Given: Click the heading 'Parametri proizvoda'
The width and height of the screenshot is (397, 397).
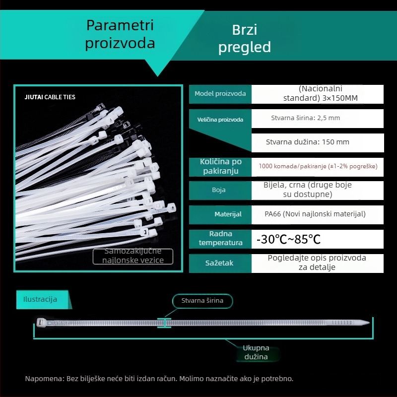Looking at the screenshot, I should click(x=120, y=34).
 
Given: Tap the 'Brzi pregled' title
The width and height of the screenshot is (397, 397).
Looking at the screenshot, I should click(x=245, y=38).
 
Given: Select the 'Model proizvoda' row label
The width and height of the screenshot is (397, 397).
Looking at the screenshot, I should click(x=220, y=94).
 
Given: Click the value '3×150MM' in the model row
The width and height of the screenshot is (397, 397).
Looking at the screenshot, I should click(x=321, y=98).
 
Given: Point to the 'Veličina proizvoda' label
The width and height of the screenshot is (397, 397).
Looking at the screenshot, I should click(x=220, y=120).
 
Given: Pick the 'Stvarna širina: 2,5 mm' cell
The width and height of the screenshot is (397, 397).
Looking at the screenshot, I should click(x=306, y=118).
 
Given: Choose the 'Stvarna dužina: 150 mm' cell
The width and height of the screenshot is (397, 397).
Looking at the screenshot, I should click(x=308, y=142).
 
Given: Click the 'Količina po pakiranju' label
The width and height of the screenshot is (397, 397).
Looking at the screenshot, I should click(x=220, y=166).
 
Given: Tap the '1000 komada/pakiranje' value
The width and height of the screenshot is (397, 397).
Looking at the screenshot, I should click(x=318, y=166).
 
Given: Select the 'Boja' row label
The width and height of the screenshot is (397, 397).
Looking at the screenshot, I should click(x=220, y=190).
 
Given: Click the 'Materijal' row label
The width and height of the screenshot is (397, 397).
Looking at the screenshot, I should click(x=228, y=214).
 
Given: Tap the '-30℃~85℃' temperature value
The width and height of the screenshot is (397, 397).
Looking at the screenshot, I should click(x=288, y=240).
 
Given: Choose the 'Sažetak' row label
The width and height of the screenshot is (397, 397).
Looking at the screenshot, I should click(x=219, y=263).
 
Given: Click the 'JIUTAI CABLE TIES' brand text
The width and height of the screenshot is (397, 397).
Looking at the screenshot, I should click(x=50, y=97).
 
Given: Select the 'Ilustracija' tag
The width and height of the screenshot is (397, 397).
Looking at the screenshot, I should click(x=40, y=299).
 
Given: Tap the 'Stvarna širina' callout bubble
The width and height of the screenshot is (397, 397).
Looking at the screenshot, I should click(x=202, y=300).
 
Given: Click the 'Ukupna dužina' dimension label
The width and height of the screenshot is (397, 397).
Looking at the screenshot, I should click(x=256, y=352).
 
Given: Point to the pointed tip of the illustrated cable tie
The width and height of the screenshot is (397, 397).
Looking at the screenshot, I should click(x=368, y=323).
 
